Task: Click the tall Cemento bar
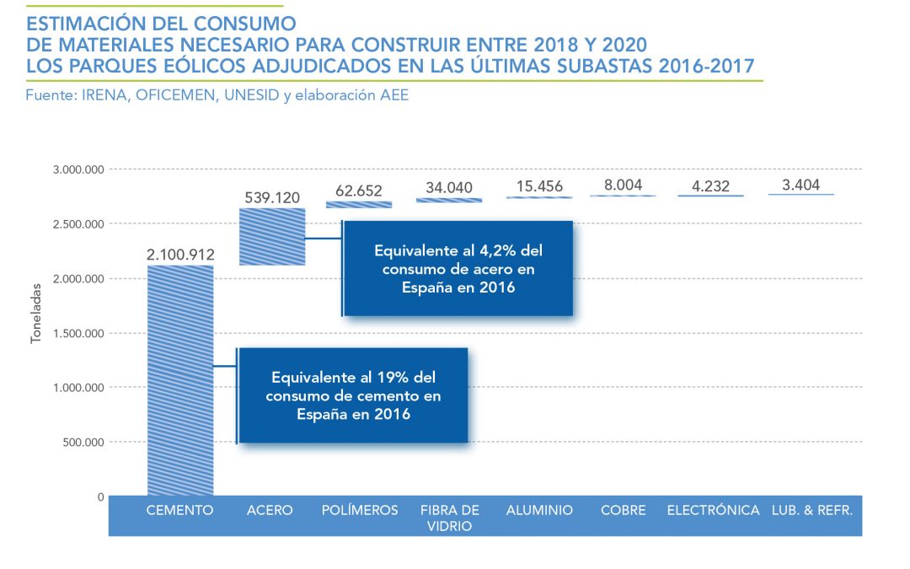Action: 180,379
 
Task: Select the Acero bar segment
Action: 272,236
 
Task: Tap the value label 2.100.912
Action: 179,254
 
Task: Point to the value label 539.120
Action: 272,196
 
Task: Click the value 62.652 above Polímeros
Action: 360,190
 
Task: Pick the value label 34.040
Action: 449,187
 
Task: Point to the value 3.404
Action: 801,185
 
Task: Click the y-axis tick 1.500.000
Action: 78,333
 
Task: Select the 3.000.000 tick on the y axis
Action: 78,169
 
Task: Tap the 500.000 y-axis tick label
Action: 83,442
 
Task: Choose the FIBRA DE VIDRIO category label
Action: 450,518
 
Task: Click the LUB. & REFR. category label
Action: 812,510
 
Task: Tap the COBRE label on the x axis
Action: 624,510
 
